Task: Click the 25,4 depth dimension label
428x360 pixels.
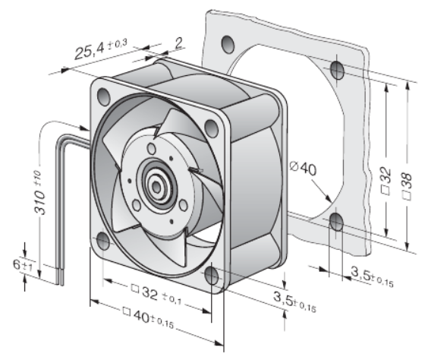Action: coord(101,49)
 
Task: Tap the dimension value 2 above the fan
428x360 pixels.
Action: coord(179,43)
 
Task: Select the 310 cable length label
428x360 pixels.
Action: coord(39,192)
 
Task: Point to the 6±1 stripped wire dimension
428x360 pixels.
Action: coord(23,265)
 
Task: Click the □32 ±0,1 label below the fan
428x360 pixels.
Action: coord(156,295)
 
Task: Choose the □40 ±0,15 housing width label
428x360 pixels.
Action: coord(148,317)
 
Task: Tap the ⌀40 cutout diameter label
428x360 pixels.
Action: coord(304,168)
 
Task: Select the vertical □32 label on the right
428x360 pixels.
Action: coord(386,181)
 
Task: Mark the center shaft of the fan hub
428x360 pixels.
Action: coord(156,187)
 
